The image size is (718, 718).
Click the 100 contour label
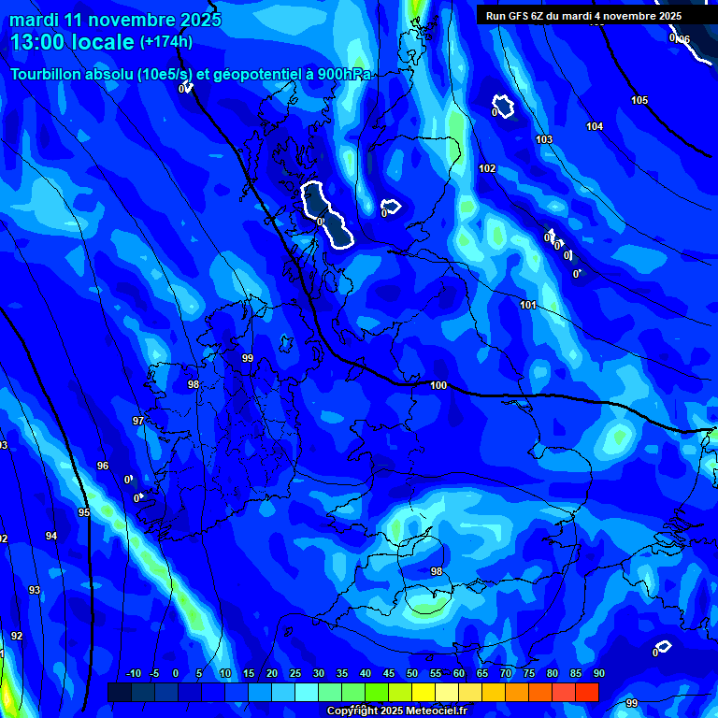pos(438,385)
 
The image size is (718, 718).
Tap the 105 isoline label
pos(639,100)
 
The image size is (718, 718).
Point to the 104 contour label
pos(595,126)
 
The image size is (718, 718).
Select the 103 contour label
pos(544,139)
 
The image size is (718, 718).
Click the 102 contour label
pos(487,168)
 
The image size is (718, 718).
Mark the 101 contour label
pos(528,305)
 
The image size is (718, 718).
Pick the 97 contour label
pos(138,421)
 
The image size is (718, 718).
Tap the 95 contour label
pos(84,512)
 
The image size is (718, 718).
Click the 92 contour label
pos(17,636)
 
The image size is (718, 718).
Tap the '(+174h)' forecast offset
pos(166,41)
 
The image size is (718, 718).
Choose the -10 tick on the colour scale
pos(133,673)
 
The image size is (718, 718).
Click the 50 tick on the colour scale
pos(412,673)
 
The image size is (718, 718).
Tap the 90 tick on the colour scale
pos(598,673)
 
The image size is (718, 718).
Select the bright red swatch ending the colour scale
pos(586,691)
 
